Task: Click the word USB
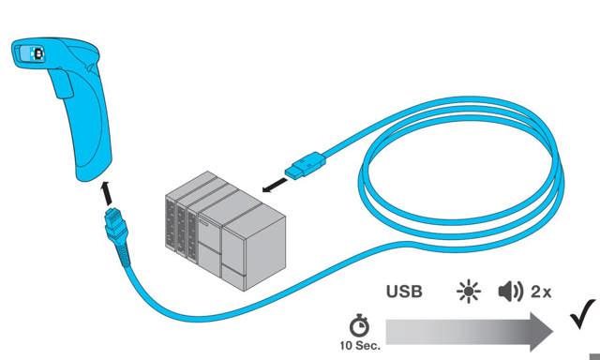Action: coord(404,292)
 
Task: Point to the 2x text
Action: coord(541,292)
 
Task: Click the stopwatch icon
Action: coord(359,324)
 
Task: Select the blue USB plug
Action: coord(307,166)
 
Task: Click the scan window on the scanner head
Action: coord(37,53)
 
